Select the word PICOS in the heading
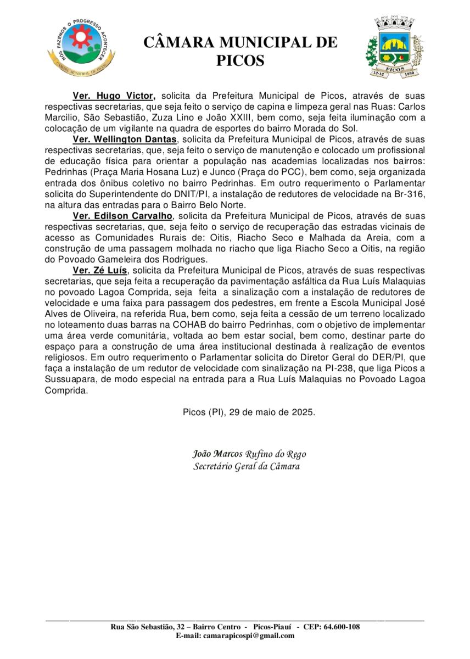pyautogui.click(x=240, y=60)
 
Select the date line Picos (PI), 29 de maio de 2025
pyautogui.click(x=249, y=411)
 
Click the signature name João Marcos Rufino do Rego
pyautogui.click(x=249, y=454)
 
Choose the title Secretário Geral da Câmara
pyautogui.click(x=247, y=467)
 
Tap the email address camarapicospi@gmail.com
pyautogui.click(x=249, y=635)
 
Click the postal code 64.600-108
pyautogui.click(x=339, y=627)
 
